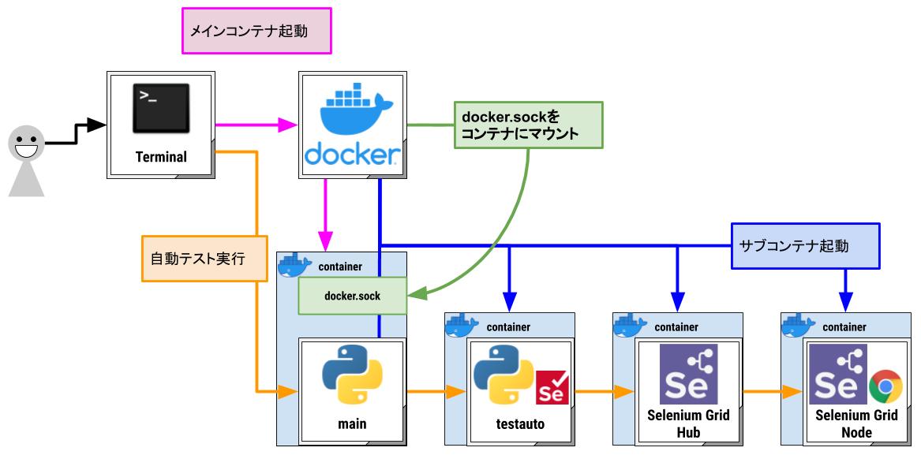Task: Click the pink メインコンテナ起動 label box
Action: [256, 31]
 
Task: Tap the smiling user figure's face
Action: [26, 145]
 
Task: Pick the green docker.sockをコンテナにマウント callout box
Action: [528, 125]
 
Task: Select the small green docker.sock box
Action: [352, 296]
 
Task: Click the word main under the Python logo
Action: [352, 424]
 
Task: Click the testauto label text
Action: [520, 425]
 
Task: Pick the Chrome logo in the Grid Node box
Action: [885, 387]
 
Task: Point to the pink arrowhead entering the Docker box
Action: [289, 124]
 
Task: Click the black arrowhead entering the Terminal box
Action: [97, 125]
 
